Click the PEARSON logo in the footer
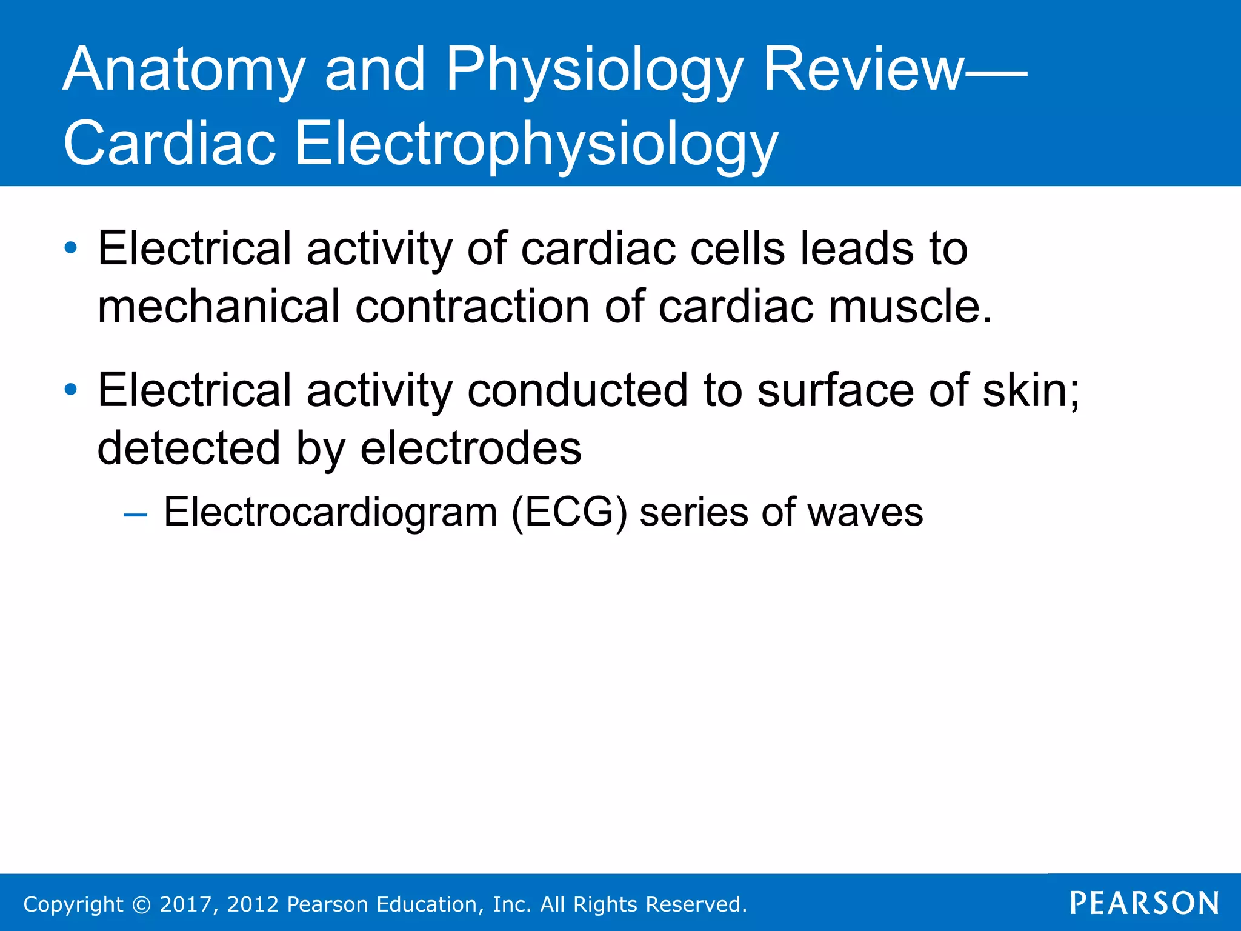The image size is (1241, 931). [1144, 903]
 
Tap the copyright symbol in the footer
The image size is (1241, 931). [141, 904]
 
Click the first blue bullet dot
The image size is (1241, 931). [71, 248]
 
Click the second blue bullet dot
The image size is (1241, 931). [71, 390]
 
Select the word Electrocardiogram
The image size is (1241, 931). [330, 512]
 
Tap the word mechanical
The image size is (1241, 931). [219, 306]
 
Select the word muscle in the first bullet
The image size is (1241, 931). [909, 306]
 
